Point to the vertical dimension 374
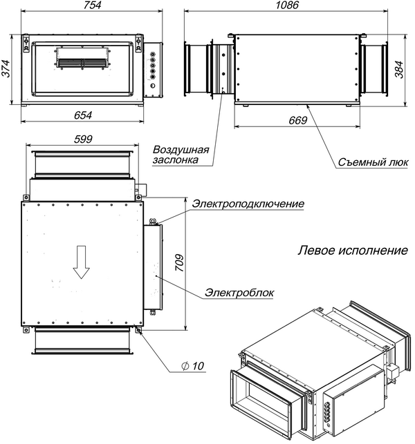8,68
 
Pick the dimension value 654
82,115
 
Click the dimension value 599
82,139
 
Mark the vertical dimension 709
180,262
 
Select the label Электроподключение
248,204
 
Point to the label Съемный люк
373,163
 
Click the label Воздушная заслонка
181,154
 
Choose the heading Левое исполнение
353,249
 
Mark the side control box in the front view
152,70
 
